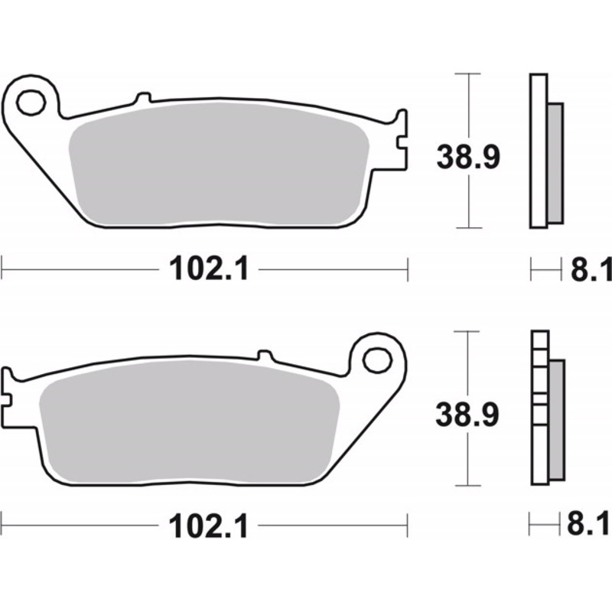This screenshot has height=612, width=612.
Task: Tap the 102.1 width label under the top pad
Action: click(205, 269)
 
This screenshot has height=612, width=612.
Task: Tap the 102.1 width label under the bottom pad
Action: click(205, 526)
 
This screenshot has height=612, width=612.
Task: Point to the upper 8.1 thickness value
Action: click(591, 269)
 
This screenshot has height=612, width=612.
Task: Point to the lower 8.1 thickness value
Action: click(591, 526)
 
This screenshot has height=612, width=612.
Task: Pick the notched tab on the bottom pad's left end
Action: click(8, 389)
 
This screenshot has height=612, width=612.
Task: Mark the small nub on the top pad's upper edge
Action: click(142, 98)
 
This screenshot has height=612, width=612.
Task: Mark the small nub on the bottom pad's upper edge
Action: click(265, 356)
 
